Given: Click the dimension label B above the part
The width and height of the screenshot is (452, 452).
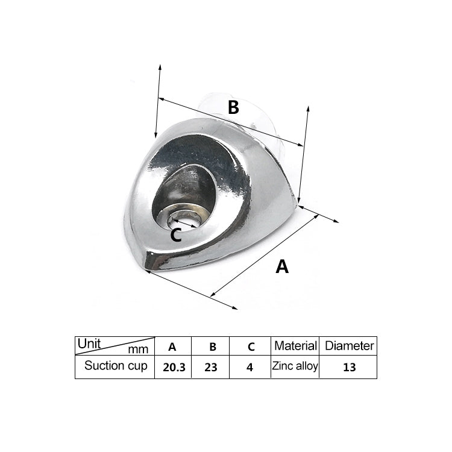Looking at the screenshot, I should [233, 107].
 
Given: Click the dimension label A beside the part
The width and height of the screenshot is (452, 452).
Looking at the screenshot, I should [282, 266].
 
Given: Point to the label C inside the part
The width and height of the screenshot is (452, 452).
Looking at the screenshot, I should [175, 235].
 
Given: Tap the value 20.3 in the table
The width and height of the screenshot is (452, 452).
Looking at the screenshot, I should [173, 367].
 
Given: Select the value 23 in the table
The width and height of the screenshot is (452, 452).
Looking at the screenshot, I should [210, 367].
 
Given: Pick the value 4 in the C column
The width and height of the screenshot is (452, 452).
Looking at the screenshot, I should [250, 367].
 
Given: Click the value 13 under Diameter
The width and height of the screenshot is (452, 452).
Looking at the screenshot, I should [349, 367].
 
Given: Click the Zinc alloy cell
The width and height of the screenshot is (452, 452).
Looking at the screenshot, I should [295, 366].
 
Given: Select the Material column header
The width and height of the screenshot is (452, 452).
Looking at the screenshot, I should [295, 346].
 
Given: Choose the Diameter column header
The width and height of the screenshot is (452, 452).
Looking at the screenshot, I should [349, 346].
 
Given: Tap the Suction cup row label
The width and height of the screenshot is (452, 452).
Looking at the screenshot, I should [116, 366].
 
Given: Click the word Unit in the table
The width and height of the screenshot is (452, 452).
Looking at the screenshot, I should [89, 344].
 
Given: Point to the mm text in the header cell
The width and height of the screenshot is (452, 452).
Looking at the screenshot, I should [138, 349].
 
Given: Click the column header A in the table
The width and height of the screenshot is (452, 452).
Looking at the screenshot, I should [172, 347].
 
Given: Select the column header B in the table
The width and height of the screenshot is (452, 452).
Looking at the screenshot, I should [212, 347].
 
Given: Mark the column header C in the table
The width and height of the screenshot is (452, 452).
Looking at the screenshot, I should [251, 347].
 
